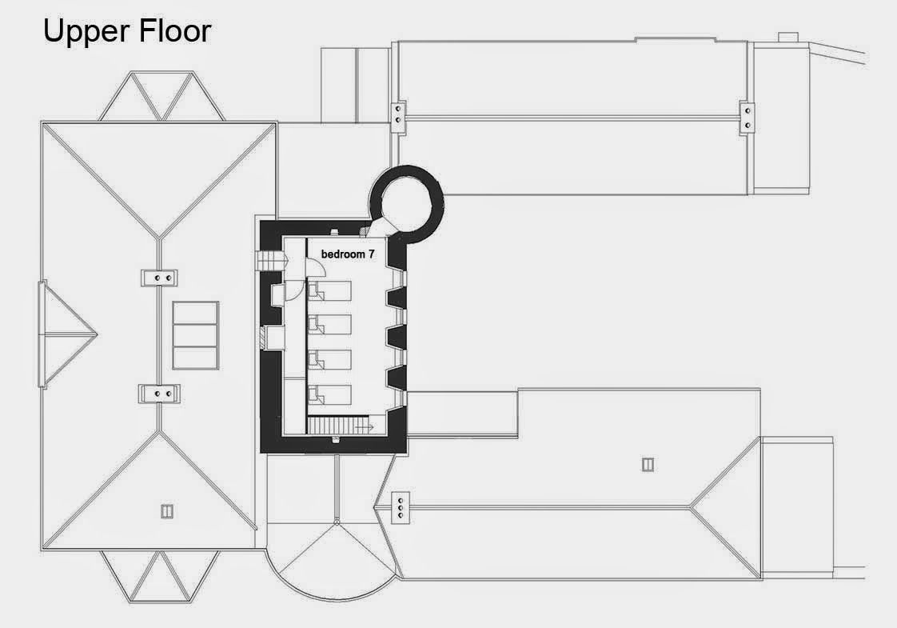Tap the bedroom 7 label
(x=348, y=254)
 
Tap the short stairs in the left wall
(x=269, y=262)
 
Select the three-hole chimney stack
(x=399, y=507)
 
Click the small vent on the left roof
(x=167, y=511)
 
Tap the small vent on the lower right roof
(x=648, y=463)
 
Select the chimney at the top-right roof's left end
(x=399, y=113)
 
